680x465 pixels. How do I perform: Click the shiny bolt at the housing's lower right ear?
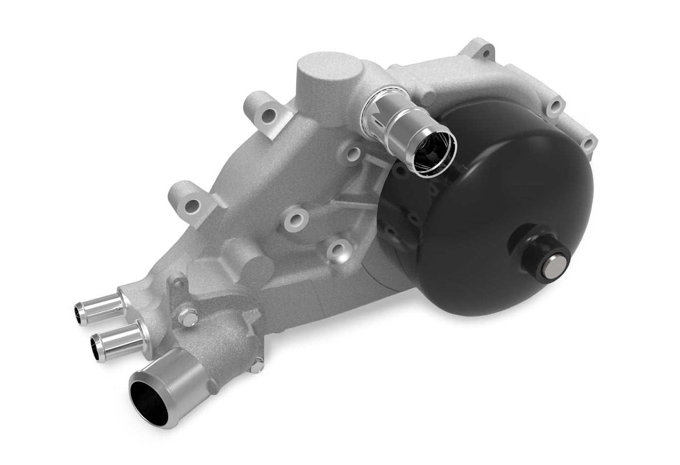(255, 366)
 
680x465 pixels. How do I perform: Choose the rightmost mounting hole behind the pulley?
(589, 144)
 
